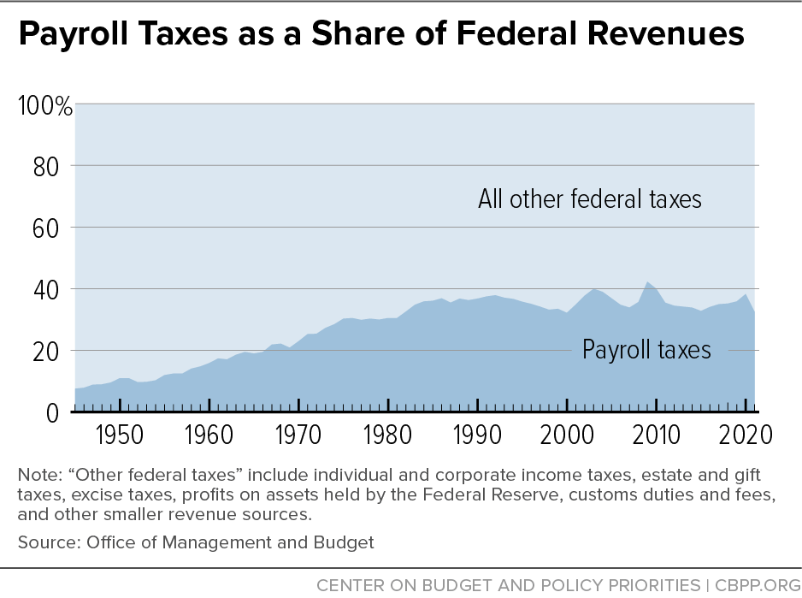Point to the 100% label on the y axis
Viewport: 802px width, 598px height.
point(44,106)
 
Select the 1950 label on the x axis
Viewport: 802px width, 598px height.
point(120,434)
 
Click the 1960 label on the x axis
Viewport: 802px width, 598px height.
point(209,434)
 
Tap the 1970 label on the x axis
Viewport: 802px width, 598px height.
point(298,434)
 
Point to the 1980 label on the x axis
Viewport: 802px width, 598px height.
point(388,434)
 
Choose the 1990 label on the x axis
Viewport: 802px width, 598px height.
point(477,434)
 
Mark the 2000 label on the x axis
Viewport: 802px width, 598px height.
point(567,434)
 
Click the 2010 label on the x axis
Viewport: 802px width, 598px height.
point(656,434)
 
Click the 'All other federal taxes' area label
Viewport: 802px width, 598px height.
point(589,199)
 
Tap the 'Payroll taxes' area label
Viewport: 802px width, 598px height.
point(646,349)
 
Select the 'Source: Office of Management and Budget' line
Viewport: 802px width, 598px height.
point(195,542)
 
